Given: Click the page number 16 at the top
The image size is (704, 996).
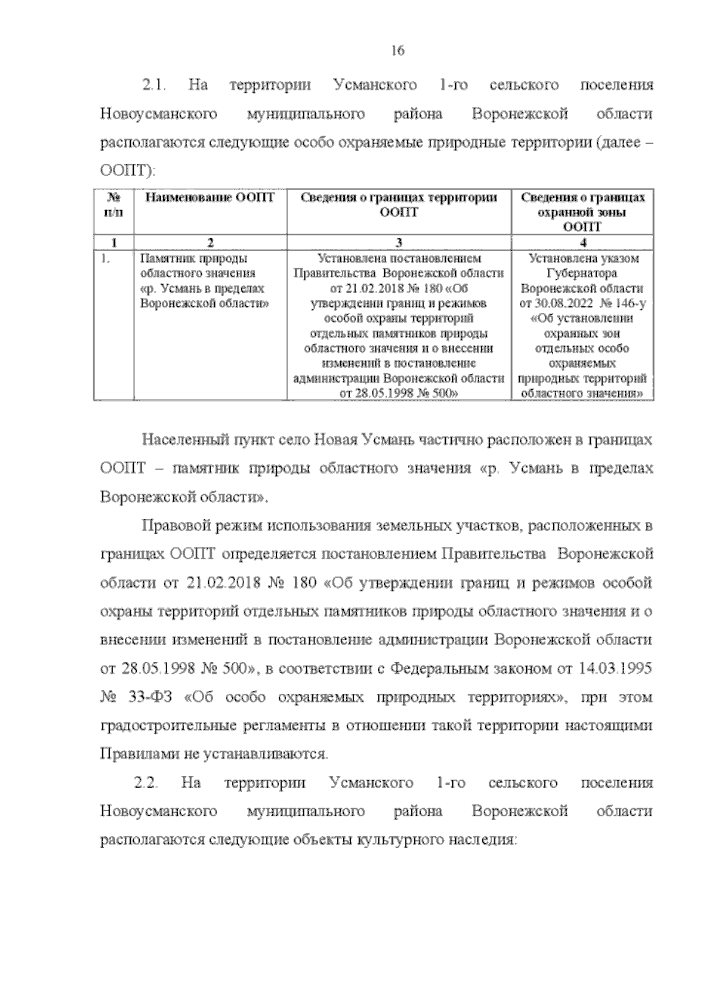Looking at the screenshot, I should tap(397, 51).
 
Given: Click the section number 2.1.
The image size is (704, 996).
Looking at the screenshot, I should tap(154, 86).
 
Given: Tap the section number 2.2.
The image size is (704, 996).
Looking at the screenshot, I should tap(146, 783).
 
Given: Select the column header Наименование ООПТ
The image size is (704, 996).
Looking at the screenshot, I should tap(210, 198).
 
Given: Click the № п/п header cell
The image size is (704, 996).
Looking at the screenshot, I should tap(113, 205).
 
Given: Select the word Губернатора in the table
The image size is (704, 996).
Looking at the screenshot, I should tap(582, 274).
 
